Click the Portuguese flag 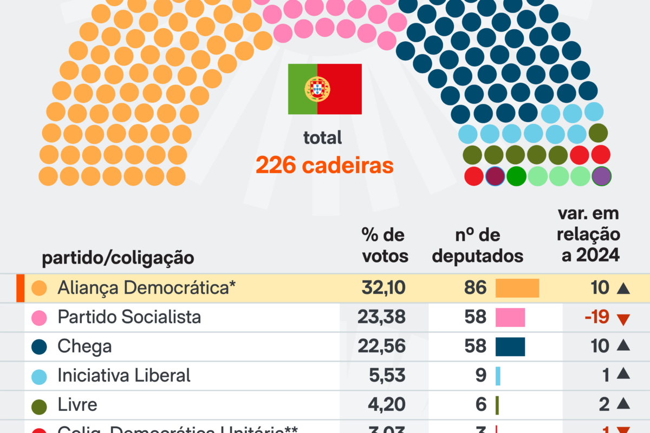(x=324, y=89)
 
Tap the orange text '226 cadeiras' (x=324, y=166)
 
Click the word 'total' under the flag (x=323, y=137)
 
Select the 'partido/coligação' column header (x=118, y=258)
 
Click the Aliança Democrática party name (x=147, y=288)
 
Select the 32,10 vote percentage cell (x=383, y=288)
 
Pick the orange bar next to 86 (x=517, y=288)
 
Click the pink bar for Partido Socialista (x=510, y=317)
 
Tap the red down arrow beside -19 (x=624, y=319)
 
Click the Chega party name (x=84, y=346)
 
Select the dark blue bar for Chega (x=510, y=346)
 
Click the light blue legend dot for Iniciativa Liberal (x=39, y=376)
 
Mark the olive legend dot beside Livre (x=39, y=404)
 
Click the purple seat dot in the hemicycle (x=601, y=176)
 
